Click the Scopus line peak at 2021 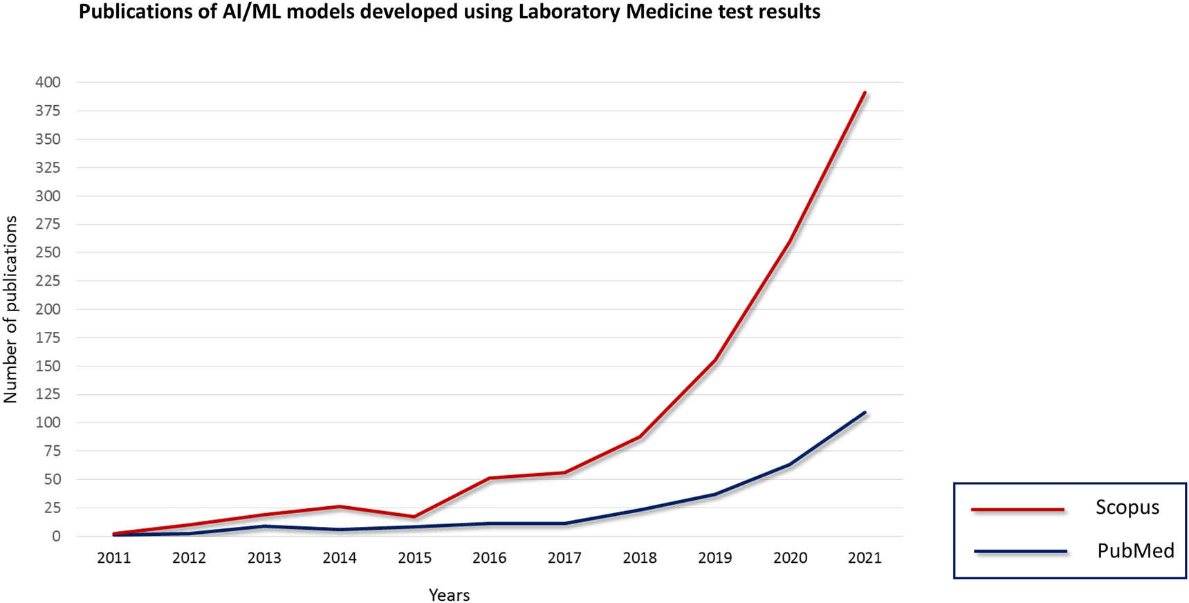(x=865, y=93)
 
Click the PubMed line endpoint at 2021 (x=865, y=413)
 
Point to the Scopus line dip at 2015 (x=414, y=517)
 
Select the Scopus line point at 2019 (x=715, y=360)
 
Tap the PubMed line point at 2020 (x=790, y=464)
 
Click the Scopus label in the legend (x=1127, y=508)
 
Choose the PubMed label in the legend (x=1135, y=551)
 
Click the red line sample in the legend (x=1017, y=510)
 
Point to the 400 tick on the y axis (x=48, y=82)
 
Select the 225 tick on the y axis (x=48, y=281)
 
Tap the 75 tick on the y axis (x=51, y=451)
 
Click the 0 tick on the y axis (x=56, y=536)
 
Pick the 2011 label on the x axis (x=114, y=558)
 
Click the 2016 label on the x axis (x=490, y=558)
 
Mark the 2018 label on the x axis (x=640, y=558)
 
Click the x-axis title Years (x=449, y=595)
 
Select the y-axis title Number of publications (x=10, y=309)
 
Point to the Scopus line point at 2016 (x=490, y=478)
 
